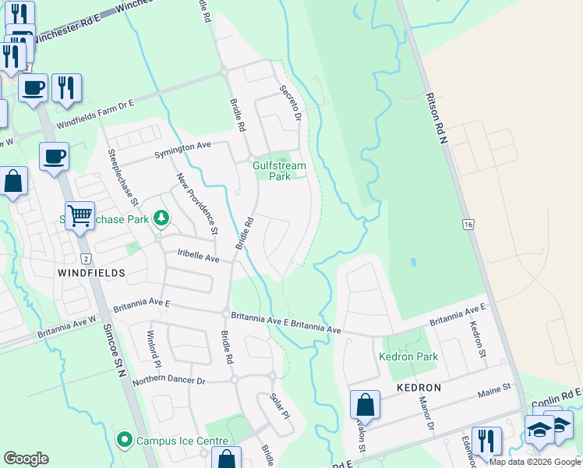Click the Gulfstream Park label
(279, 171)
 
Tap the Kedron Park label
(408, 357)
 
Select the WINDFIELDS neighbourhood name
(91, 273)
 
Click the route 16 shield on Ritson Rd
(467, 225)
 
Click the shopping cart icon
(79, 214)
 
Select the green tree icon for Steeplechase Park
(161, 218)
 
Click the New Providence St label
(197, 204)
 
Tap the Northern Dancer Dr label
(168, 381)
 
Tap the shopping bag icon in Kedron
(365, 405)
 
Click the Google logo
(26, 459)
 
